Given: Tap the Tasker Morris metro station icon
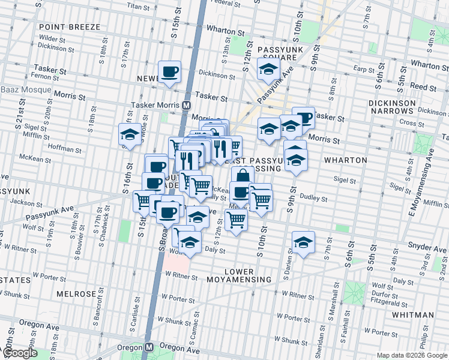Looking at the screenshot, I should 187,104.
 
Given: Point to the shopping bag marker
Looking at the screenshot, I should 242,175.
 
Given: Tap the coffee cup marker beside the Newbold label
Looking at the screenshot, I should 170,72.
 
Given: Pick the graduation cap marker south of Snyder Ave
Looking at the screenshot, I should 303,242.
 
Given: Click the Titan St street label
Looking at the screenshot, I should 137,6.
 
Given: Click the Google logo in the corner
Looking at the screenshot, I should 19,353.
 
